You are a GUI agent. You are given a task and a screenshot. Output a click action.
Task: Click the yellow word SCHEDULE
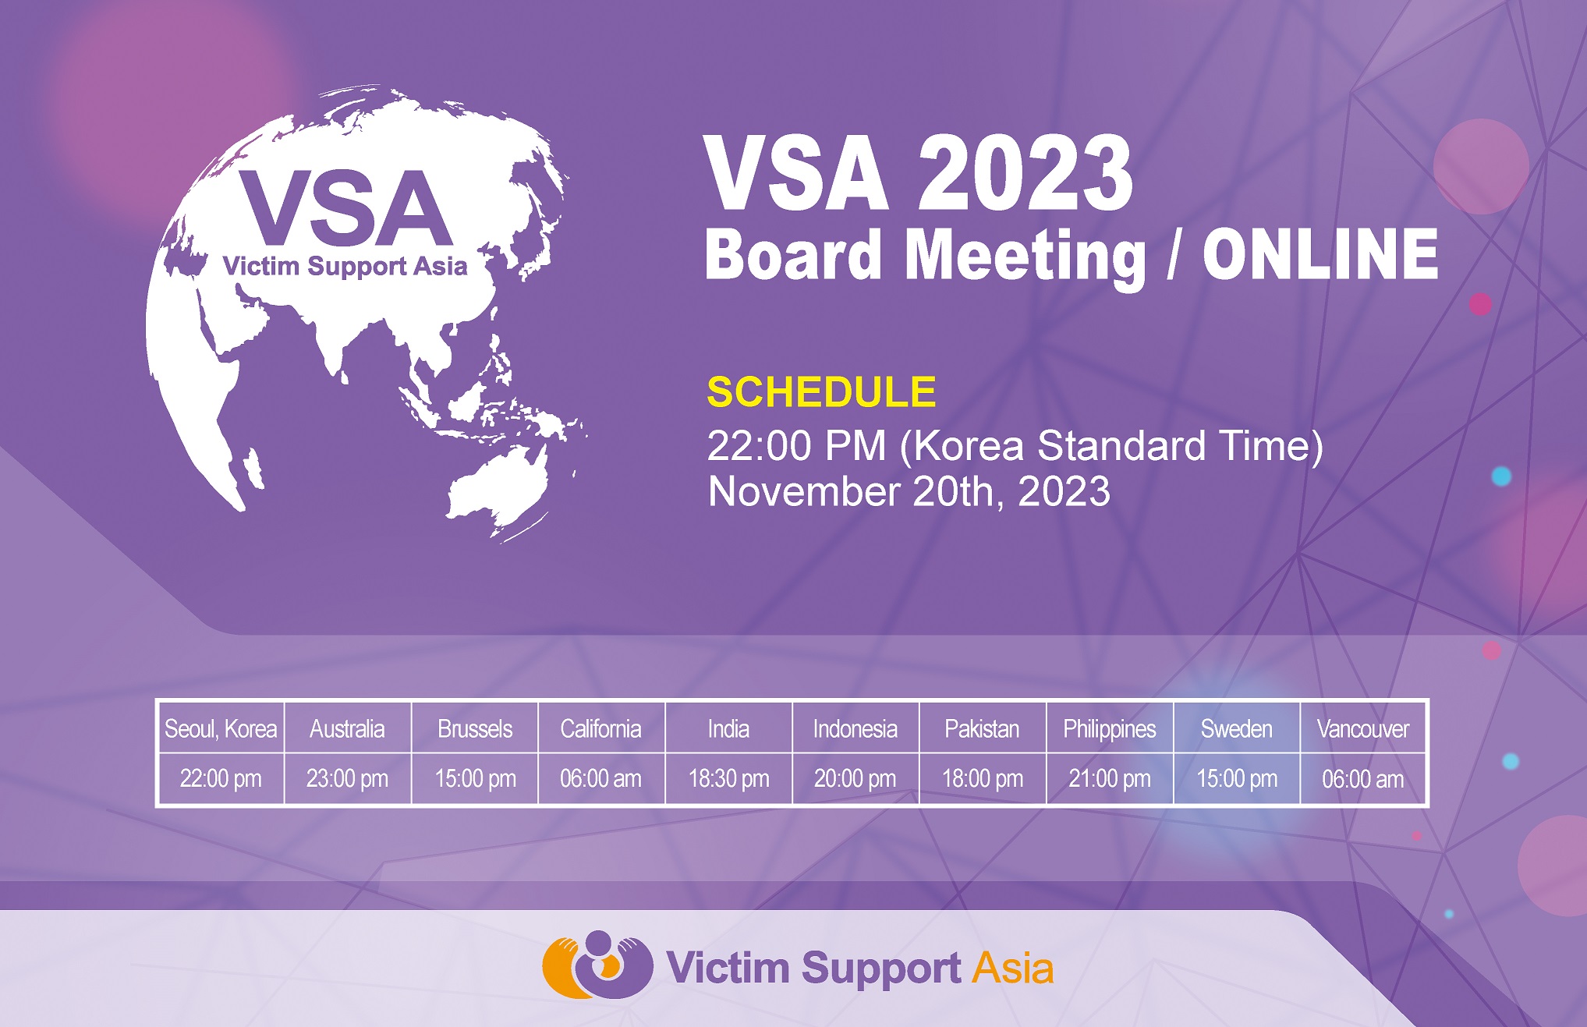tap(821, 391)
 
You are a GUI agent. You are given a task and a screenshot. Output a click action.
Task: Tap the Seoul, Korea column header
tap(221, 728)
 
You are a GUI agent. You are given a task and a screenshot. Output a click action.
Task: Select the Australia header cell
tap(347, 728)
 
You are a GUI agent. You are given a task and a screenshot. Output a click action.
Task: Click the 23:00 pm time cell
tap(347, 778)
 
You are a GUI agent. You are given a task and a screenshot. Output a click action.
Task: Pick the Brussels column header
tap(475, 728)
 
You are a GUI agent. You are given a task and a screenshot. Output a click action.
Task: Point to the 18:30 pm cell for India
tap(728, 778)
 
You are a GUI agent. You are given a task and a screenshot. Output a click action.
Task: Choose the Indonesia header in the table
tap(855, 728)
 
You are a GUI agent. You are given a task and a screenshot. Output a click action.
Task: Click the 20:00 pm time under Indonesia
tap(855, 778)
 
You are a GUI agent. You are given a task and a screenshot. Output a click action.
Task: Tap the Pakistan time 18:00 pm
tap(983, 778)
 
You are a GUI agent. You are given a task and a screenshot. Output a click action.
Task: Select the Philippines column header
tap(1110, 728)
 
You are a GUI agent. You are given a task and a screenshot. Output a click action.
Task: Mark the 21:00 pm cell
tap(1110, 778)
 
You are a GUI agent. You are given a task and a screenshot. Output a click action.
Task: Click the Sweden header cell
tap(1237, 728)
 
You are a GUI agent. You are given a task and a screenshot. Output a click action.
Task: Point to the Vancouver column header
tap(1363, 728)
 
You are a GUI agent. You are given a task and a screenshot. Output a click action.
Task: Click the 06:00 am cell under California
tap(600, 778)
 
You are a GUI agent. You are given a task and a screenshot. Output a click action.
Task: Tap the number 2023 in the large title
tap(1025, 173)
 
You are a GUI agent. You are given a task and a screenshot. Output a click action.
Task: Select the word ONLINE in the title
tap(1320, 254)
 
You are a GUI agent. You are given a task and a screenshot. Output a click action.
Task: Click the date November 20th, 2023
tap(909, 492)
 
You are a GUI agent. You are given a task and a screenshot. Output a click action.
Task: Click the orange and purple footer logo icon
tap(597, 965)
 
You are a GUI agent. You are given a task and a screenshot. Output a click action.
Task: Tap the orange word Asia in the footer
tap(1013, 969)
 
